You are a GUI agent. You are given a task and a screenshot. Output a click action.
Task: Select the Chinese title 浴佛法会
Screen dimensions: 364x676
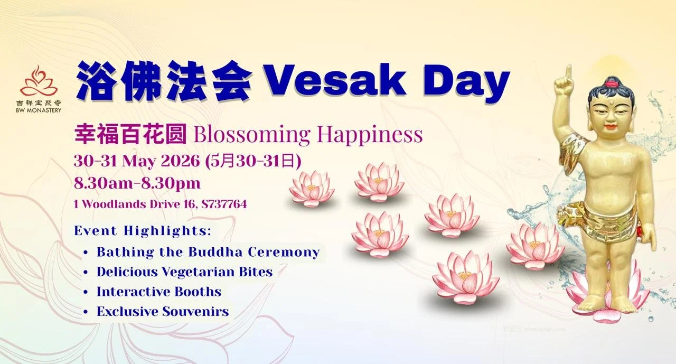pos(163,82)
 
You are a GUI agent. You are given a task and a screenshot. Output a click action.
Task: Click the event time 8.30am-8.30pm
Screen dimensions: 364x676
pos(137,183)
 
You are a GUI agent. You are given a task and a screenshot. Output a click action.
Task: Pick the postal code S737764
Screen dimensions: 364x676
pos(223,204)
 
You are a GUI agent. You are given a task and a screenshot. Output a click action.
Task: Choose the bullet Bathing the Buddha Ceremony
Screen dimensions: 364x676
pos(208,252)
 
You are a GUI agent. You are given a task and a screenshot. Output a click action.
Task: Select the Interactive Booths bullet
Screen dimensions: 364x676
pos(158,292)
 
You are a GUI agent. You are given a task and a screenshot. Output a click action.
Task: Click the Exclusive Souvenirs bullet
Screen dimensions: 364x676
pos(163,312)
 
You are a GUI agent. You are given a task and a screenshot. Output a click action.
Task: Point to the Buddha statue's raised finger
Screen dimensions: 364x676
pos(568,72)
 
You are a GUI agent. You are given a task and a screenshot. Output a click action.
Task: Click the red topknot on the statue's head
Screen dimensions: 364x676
pos(612,82)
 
